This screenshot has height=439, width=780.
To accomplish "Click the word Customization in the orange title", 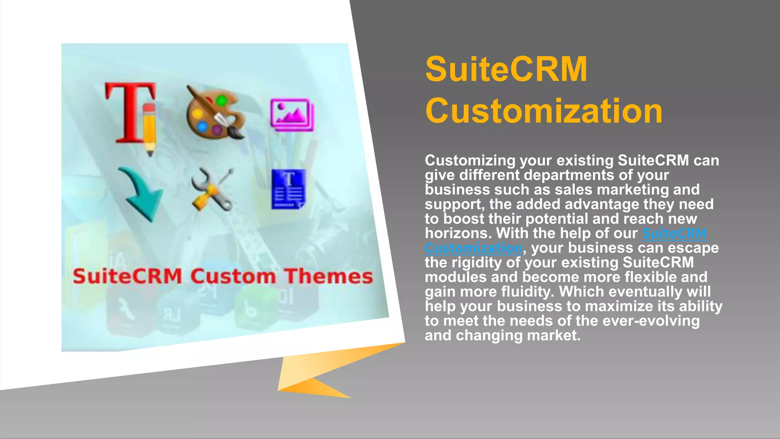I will (543, 111).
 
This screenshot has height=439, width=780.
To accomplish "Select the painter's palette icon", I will (214, 112).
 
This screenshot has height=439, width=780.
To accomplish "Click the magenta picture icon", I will (292, 115).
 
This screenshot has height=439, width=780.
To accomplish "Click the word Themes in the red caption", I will (329, 276).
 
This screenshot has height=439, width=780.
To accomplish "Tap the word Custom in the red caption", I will (233, 276).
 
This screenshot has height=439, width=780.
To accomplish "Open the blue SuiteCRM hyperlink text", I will (674, 233).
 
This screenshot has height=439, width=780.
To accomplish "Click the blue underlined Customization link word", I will (473, 248).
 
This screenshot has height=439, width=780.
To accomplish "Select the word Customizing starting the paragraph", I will (470, 160).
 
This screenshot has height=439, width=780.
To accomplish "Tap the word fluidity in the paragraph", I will (528, 292).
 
